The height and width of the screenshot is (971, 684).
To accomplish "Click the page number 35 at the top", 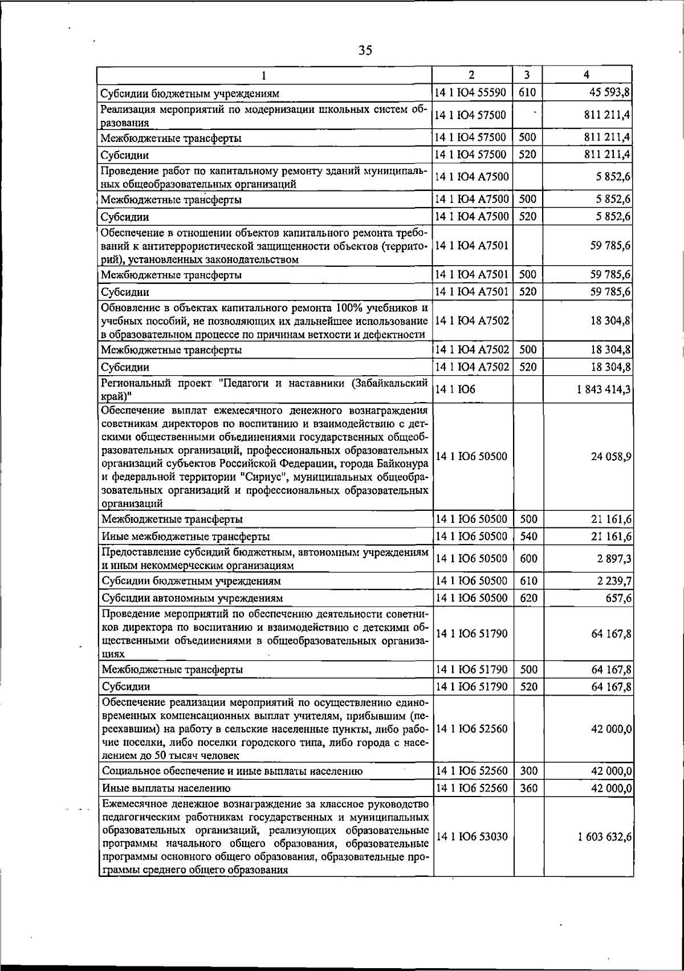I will point(365,51).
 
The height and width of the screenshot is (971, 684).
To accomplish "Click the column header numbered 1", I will point(264,75).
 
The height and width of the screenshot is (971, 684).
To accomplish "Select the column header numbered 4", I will point(587,75).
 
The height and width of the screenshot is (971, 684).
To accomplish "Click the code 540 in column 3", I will point(528,536).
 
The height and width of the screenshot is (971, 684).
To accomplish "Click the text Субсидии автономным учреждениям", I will point(192,598).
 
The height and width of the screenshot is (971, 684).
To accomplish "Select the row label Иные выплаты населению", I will point(166,789).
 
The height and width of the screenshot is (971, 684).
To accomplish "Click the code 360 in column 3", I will point(528,788).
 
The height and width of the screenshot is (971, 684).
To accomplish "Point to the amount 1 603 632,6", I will point(604,836).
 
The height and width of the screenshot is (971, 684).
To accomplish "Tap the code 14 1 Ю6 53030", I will point(471,836).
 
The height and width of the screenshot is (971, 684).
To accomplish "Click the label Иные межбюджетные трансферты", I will point(185,537).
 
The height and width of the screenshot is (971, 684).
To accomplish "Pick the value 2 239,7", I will point(613,581).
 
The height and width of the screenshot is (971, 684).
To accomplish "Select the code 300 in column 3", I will point(528,771).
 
